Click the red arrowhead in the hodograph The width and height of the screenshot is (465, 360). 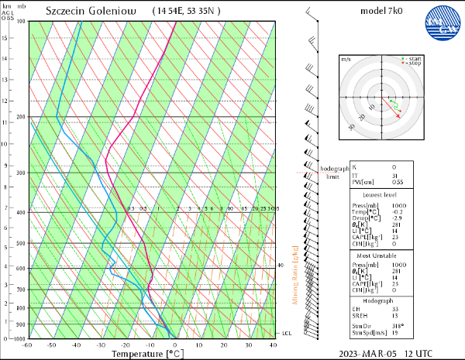(x=401, y=115)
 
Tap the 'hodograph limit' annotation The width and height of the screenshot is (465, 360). (x=332, y=173)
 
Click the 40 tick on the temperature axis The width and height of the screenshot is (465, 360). (x=273, y=345)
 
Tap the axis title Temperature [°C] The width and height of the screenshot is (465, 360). (x=147, y=354)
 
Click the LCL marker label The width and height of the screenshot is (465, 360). (x=285, y=333)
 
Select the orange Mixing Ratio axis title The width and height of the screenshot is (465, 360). (x=295, y=275)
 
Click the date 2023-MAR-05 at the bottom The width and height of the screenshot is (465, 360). (x=367, y=353)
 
